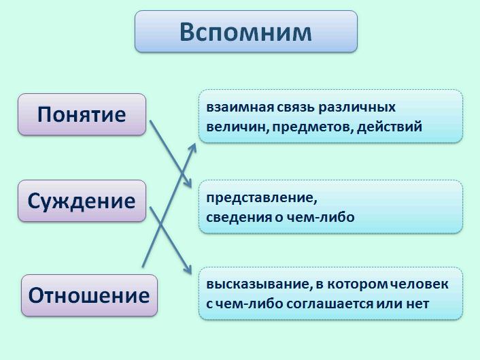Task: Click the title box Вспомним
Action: [x=246, y=31]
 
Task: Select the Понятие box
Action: [x=82, y=114]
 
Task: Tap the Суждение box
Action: [x=82, y=201]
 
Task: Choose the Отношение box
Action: [x=89, y=295]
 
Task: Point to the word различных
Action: [x=357, y=108]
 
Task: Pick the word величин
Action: [x=237, y=127]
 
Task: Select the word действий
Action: [x=390, y=127]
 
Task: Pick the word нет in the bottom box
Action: [x=418, y=304]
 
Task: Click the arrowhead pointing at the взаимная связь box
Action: [x=193, y=148]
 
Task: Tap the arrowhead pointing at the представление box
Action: [x=188, y=183]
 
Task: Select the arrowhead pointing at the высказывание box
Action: [x=188, y=269]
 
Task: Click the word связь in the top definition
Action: [x=296, y=108]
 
